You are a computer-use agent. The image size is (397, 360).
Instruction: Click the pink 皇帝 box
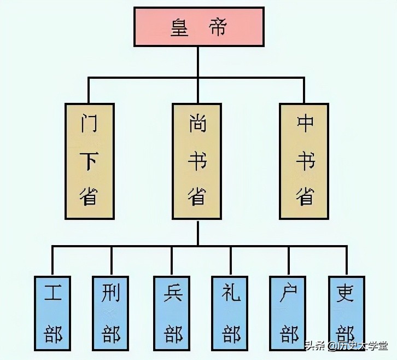coord(199,27)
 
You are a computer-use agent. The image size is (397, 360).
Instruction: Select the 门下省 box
coord(90,161)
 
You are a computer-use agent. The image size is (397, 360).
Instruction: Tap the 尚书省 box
coord(198,161)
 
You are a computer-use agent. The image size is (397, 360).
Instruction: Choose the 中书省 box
coord(305,161)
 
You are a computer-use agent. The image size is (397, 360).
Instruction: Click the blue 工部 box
coord(53,313)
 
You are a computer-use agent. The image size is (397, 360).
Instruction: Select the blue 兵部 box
coord(172,313)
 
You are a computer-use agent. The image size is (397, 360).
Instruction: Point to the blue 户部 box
coord(288,313)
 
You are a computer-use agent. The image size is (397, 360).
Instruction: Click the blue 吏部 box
coord(346,313)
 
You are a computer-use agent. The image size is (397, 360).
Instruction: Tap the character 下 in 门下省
coord(90,161)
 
